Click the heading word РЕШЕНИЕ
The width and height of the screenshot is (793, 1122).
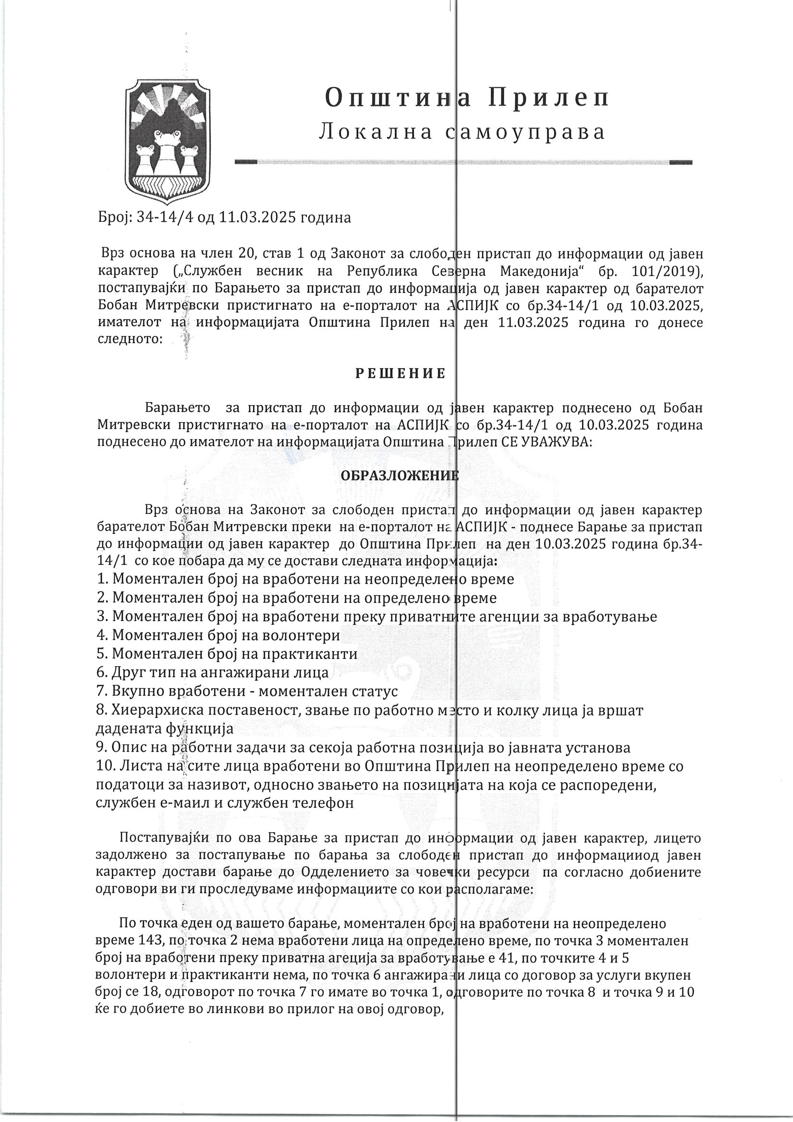[x=400, y=374]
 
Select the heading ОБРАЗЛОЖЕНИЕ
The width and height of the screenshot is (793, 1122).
[x=399, y=475]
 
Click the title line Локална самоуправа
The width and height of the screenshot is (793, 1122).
[x=462, y=132]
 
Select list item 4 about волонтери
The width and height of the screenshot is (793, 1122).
[x=218, y=635]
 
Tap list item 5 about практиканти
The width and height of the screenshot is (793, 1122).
[x=227, y=654]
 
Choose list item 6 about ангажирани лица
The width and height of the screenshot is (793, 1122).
[x=213, y=673]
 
